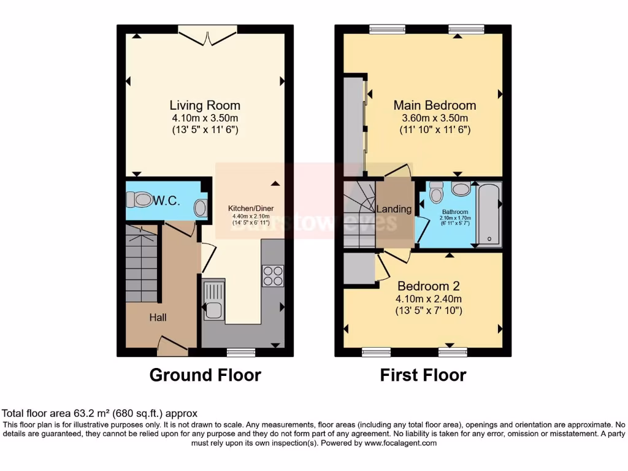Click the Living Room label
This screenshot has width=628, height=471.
[205, 105]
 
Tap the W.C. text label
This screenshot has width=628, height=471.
[166, 199]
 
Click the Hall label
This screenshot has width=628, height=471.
[158, 317]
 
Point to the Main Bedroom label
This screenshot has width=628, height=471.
[434, 105]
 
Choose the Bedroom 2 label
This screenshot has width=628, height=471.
[429, 286]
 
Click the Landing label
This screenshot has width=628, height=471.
[394, 209]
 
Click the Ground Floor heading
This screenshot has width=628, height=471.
[205, 375]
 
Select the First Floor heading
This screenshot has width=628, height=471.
[423, 375]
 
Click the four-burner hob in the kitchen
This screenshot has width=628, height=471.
[273, 275]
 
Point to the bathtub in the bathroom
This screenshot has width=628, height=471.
[489, 213]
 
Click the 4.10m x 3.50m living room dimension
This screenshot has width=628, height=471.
[205, 118]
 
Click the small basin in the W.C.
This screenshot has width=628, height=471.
[200, 208]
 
